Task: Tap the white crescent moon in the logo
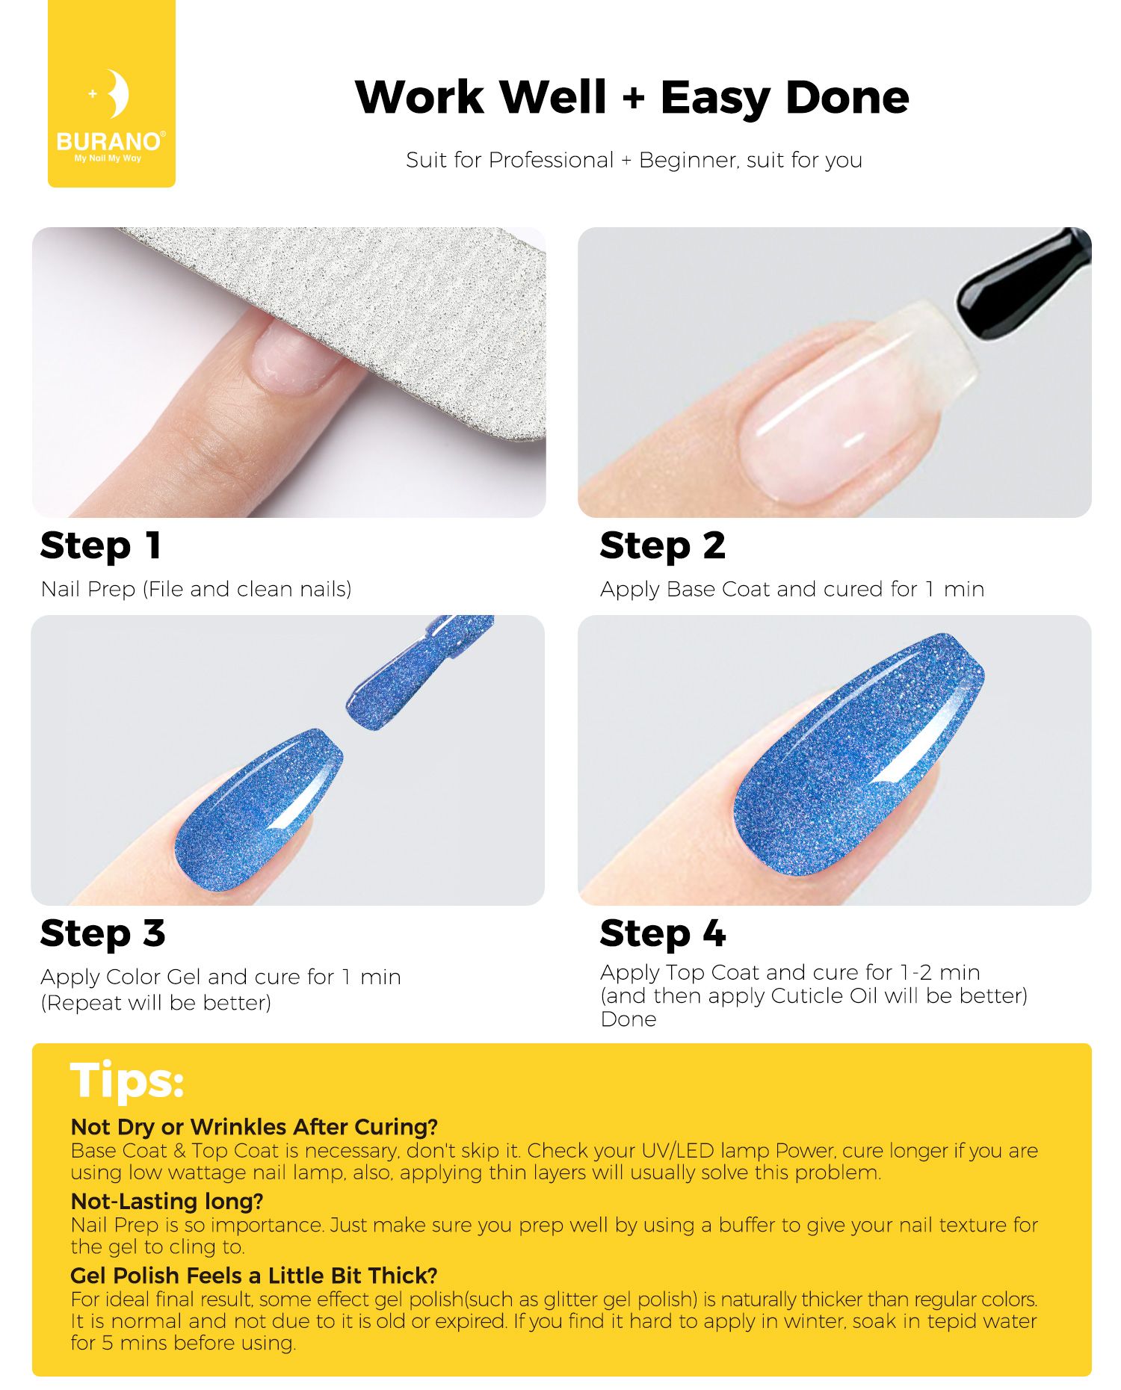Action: (117, 93)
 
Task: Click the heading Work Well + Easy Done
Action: (632, 97)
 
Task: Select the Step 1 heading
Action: (101, 546)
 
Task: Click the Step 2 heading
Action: (662, 546)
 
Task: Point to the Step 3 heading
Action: (102, 934)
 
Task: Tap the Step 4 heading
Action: (662, 934)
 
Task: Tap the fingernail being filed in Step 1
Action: (296, 358)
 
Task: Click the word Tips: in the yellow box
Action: (127, 1081)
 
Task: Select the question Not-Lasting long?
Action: (167, 1201)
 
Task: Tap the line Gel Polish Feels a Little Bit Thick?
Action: (254, 1275)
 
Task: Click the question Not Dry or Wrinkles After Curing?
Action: (254, 1127)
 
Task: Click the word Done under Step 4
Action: (629, 1019)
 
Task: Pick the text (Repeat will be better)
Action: (156, 1003)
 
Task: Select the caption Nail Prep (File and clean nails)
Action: (196, 590)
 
